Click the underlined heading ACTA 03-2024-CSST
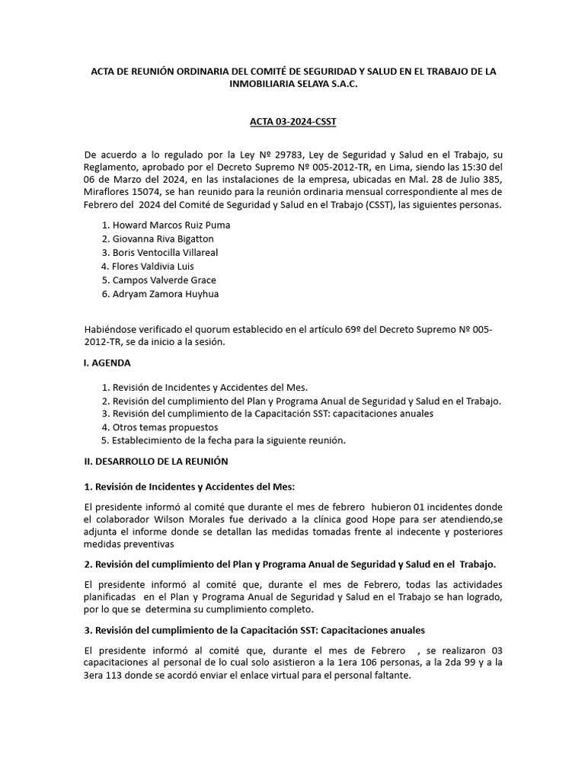[x=292, y=120]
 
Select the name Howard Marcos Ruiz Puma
[x=171, y=225]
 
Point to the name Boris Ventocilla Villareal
[x=169, y=253]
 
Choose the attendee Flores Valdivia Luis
[x=152, y=267]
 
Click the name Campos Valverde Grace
[x=164, y=280]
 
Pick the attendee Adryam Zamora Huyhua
[x=165, y=294]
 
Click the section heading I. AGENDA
[x=107, y=363]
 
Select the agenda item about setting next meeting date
[x=229, y=441]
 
